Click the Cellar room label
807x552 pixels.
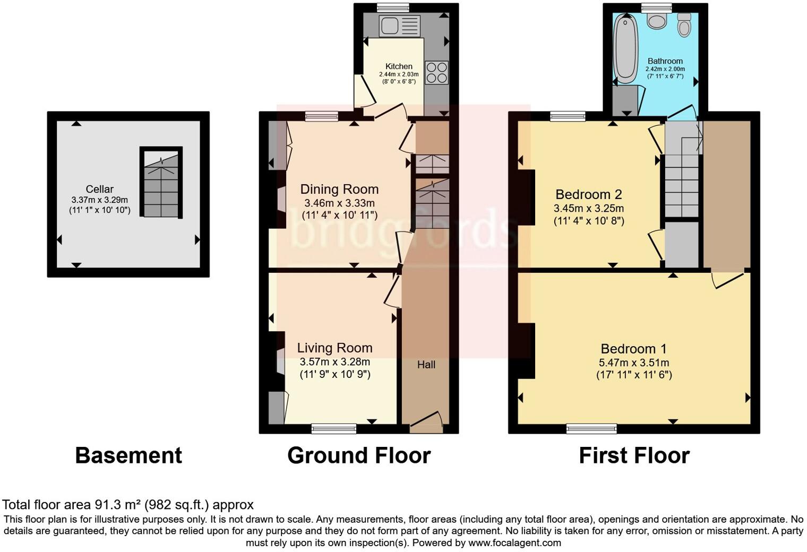(100, 189)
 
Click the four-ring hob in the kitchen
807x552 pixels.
(437, 73)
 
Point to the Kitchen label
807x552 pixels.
(399, 66)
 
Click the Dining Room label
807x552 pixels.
(339, 189)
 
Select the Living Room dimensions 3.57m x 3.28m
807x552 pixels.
(334, 362)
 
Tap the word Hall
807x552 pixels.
(426, 365)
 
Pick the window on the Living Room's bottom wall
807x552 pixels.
(333, 428)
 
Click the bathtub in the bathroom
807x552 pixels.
(626, 49)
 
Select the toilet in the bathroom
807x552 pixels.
(684, 25)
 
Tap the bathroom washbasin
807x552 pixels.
(658, 21)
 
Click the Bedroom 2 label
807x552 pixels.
(588, 194)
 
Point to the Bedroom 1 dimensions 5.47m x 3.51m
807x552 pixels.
(633, 363)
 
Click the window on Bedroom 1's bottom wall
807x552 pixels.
(591, 428)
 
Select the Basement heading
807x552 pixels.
(128, 455)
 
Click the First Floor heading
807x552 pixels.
(634, 455)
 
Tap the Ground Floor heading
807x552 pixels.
(359, 455)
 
